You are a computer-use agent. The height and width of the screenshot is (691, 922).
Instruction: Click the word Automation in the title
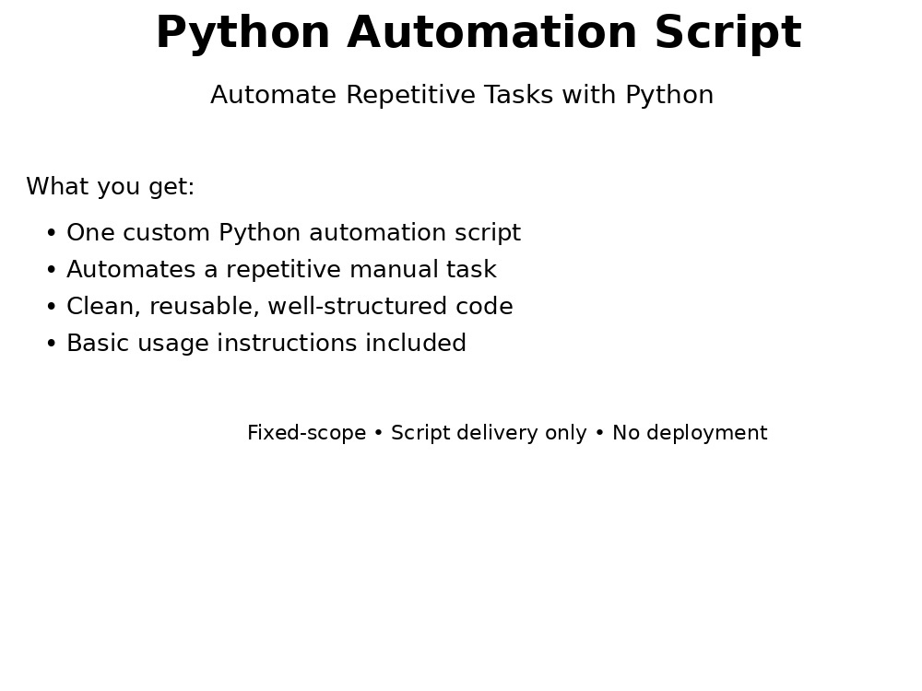(x=492, y=32)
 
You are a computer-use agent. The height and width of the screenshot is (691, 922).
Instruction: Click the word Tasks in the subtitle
(x=518, y=95)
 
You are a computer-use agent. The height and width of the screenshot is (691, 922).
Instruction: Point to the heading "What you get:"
(x=111, y=187)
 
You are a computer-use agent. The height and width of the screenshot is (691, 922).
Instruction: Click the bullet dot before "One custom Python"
(x=52, y=233)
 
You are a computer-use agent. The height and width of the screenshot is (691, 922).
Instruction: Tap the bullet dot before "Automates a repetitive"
(x=52, y=270)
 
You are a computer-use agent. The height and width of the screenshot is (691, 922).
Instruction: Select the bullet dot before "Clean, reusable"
(x=52, y=308)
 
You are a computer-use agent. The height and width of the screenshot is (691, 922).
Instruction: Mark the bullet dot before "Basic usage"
(x=52, y=345)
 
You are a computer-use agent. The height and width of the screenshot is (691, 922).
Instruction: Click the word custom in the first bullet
(x=166, y=233)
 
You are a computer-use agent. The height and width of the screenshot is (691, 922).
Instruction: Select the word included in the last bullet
(x=416, y=343)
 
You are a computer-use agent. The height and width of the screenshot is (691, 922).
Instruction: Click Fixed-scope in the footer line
(x=307, y=433)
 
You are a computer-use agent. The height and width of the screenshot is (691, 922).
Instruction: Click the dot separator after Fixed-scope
(x=379, y=434)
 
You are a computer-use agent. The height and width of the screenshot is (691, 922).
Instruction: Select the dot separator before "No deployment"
(x=600, y=434)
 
